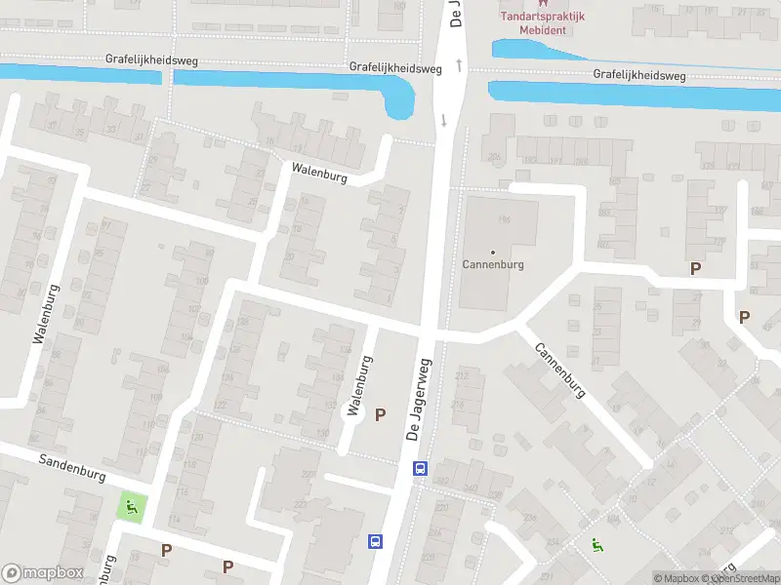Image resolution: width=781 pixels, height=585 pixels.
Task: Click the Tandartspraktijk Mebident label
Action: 542,22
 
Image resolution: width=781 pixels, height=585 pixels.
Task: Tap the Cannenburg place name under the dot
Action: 493,264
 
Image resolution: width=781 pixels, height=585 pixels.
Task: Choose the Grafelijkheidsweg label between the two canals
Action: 395,68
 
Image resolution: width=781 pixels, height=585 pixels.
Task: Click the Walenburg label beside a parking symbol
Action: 359,385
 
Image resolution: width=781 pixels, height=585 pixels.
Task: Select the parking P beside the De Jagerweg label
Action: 381,414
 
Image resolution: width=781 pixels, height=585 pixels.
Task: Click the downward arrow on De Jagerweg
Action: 445,121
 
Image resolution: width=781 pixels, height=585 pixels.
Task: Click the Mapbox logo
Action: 43,573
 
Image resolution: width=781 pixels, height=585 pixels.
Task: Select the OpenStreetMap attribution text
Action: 747,578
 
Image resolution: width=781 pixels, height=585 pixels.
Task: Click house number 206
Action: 495,156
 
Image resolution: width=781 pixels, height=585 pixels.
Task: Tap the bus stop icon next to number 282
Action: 420,469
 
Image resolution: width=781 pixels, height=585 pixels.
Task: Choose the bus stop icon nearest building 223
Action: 375,541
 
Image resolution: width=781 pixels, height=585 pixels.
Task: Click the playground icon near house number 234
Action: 596,546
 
